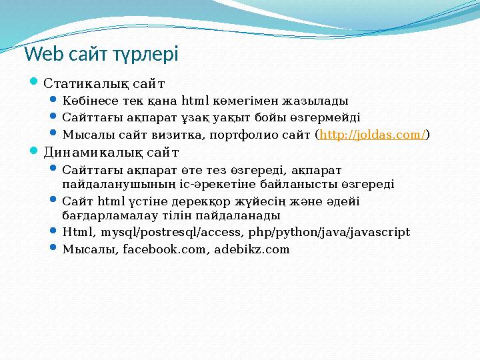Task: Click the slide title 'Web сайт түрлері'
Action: tap(101, 53)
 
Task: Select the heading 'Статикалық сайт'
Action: tap(104, 84)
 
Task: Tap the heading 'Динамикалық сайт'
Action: tap(111, 152)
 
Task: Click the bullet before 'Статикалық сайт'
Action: tap(36, 83)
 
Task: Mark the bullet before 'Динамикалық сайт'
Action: tap(36, 151)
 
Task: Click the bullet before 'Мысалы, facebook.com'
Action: tap(55, 249)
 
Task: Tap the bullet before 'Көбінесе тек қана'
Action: tap(55, 101)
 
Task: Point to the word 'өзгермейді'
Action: tap(327, 118)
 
